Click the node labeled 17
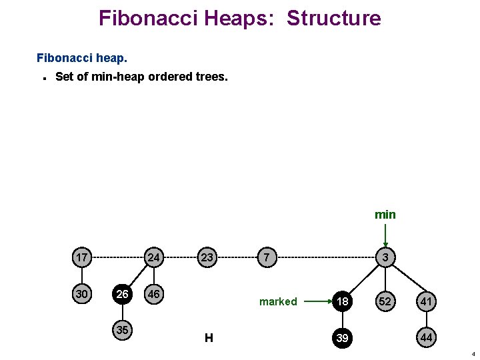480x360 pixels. (82, 257)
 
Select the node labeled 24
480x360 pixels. (154, 257)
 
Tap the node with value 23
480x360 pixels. (207, 257)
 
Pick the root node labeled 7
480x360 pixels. (266, 257)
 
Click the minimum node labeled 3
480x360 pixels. (385, 257)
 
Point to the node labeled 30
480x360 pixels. (82, 294)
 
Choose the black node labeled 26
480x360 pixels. (122, 294)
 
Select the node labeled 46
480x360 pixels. (154, 294)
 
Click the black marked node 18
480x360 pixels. (342, 301)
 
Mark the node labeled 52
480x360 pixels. (385, 301)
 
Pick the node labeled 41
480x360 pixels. (426, 301)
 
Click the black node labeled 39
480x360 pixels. (342, 338)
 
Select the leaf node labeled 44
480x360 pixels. (426, 338)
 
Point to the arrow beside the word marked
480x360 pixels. (316, 301)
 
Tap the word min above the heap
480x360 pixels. (385, 215)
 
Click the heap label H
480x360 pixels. (209, 338)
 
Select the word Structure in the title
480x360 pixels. (334, 18)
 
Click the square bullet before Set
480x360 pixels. (43, 77)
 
